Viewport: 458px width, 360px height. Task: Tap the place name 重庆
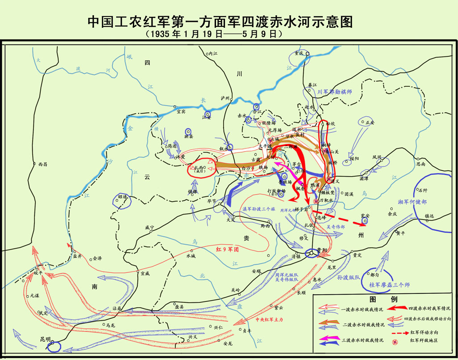click(299, 53)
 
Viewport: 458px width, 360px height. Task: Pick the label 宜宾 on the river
click(181, 112)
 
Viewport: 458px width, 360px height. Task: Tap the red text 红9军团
click(227, 250)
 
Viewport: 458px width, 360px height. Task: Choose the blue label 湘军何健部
click(412, 202)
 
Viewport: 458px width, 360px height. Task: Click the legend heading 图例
click(383, 299)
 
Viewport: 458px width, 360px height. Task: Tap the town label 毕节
click(211, 201)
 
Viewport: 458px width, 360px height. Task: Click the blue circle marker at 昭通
click(122, 202)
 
